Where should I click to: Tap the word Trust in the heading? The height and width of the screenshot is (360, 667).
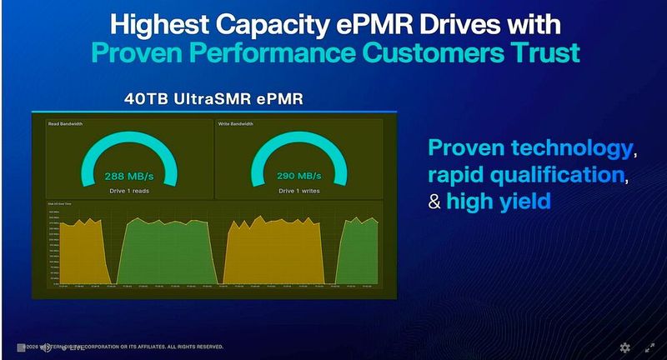click(x=541, y=52)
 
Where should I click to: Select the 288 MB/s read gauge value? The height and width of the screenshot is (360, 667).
click(x=129, y=177)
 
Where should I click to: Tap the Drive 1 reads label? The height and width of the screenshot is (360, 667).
click(x=129, y=190)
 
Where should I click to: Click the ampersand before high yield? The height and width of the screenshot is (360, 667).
click(x=434, y=201)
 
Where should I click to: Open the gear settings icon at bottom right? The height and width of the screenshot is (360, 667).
click(x=624, y=347)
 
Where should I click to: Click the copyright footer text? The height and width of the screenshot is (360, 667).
click(x=125, y=346)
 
